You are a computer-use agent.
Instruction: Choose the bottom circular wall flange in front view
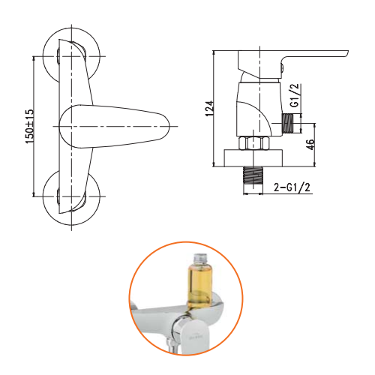65,196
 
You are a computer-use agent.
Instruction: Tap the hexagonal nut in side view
253,143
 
